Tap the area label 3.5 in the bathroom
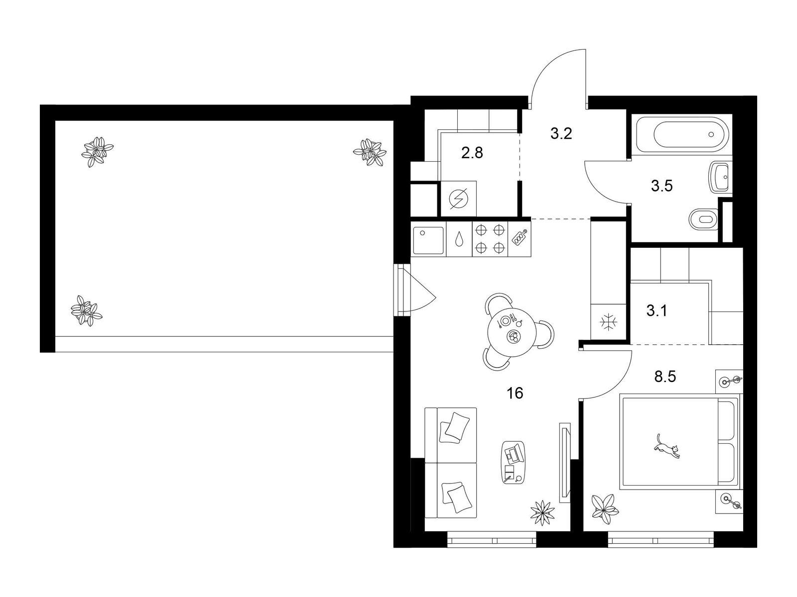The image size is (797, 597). click(x=662, y=186)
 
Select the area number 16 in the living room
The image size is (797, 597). click(x=515, y=393)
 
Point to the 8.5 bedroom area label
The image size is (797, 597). click(x=665, y=377)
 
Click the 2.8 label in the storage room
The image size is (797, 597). click(x=472, y=153)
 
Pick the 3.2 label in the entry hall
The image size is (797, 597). click(x=561, y=133)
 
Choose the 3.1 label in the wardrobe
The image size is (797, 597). click(x=657, y=310)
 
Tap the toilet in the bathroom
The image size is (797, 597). click(x=704, y=219)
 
